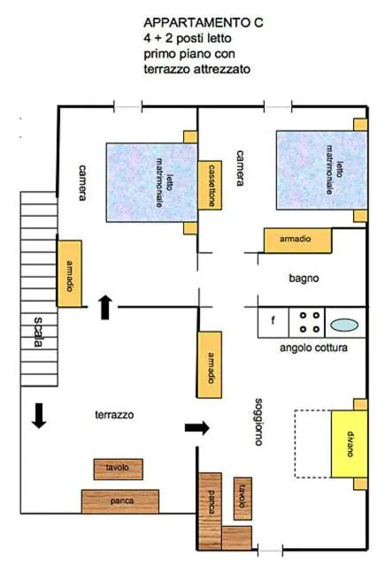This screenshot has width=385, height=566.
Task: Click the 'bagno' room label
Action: point(304,279)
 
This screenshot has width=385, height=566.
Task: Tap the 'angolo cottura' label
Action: point(313,348)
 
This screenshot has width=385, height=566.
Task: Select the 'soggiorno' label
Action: point(258,422)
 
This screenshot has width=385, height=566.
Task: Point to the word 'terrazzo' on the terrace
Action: point(114,415)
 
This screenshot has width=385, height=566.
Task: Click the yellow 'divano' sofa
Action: point(350,444)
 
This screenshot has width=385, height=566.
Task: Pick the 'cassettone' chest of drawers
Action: point(210,185)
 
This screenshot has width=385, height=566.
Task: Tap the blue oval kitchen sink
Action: point(344,325)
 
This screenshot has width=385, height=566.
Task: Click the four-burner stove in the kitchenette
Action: point(306,322)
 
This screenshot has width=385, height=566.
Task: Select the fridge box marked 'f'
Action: point(273,322)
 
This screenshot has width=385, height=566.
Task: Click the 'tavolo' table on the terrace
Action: point(118,469)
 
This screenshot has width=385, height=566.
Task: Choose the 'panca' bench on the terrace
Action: point(119,501)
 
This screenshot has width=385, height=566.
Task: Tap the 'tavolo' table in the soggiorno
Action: point(243,499)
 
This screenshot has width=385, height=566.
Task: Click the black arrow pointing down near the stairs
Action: point(39,416)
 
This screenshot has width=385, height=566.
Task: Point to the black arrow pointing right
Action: point(196,428)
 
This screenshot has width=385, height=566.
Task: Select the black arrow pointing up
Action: point(105,307)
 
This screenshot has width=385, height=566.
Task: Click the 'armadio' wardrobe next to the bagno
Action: point(297,240)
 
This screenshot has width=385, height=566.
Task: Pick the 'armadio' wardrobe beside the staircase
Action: point(69,273)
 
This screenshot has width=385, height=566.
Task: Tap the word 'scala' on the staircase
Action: point(38,332)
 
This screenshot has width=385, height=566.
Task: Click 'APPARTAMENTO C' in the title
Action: point(204,23)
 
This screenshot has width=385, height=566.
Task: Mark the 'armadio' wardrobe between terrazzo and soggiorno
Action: point(210,364)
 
